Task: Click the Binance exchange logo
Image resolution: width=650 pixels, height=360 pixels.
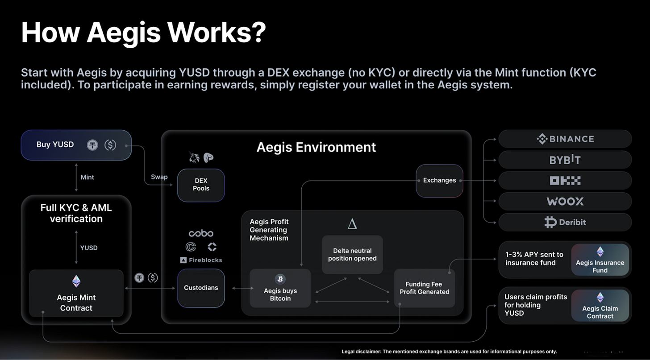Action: point(565,139)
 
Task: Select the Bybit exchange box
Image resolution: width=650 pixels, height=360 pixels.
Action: point(565,160)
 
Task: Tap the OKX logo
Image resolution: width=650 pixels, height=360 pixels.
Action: point(565,181)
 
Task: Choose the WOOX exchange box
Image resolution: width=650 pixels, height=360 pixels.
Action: point(565,201)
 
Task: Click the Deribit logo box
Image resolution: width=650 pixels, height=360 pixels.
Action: point(565,222)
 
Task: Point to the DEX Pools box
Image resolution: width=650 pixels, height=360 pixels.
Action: point(201,185)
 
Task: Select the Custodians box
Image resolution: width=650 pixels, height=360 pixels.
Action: point(201,288)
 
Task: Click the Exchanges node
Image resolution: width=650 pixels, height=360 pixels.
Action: point(439,181)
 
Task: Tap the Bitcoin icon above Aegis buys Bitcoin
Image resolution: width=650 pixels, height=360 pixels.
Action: point(280,279)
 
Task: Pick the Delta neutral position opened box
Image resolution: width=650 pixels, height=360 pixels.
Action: point(352,255)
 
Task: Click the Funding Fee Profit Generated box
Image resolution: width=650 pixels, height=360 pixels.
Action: point(424,288)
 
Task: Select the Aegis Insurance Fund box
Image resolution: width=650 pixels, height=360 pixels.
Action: point(600,260)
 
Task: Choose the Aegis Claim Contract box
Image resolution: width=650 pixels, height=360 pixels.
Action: point(600,306)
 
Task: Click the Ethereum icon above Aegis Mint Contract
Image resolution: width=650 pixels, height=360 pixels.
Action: point(76,281)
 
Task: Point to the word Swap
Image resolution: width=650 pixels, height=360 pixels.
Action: point(159,177)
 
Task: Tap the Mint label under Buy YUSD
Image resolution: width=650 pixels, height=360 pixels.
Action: point(87,177)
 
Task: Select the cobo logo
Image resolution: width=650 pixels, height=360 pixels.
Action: point(201,233)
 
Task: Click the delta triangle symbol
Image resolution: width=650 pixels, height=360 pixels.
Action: point(352,224)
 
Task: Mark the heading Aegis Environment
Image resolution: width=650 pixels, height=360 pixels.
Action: point(316,147)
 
